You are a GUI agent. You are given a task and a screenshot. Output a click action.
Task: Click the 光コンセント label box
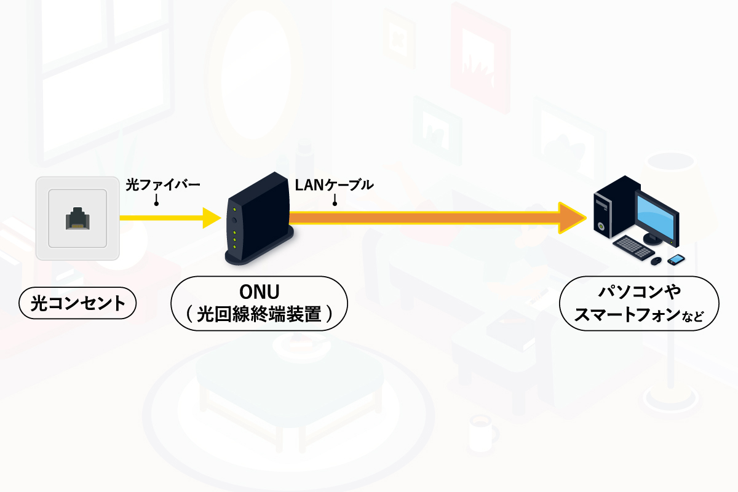[77, 303]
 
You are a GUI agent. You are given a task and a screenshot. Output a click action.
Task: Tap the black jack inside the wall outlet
[77, 218]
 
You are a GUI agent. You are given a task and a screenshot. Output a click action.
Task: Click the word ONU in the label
[259, 291]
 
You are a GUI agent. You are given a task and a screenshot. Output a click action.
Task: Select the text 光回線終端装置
[259, 314]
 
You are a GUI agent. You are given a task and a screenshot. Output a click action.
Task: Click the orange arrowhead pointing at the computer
[571, 217]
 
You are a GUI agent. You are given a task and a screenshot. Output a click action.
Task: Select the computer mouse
[656, 261]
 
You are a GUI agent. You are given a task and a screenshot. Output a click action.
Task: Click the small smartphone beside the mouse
[675, 260]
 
